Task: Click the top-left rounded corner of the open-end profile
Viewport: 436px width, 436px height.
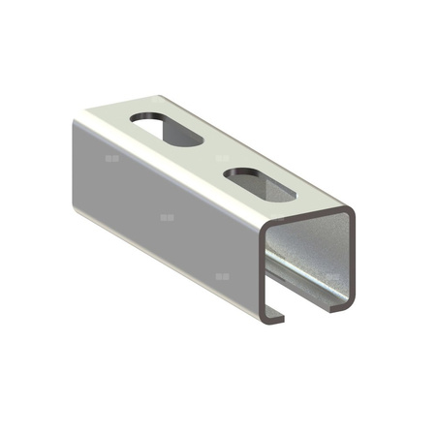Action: pyautogui.click(x=265, y=232)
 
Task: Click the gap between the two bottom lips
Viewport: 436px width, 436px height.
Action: pyautogui.click(x=308, y=308)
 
